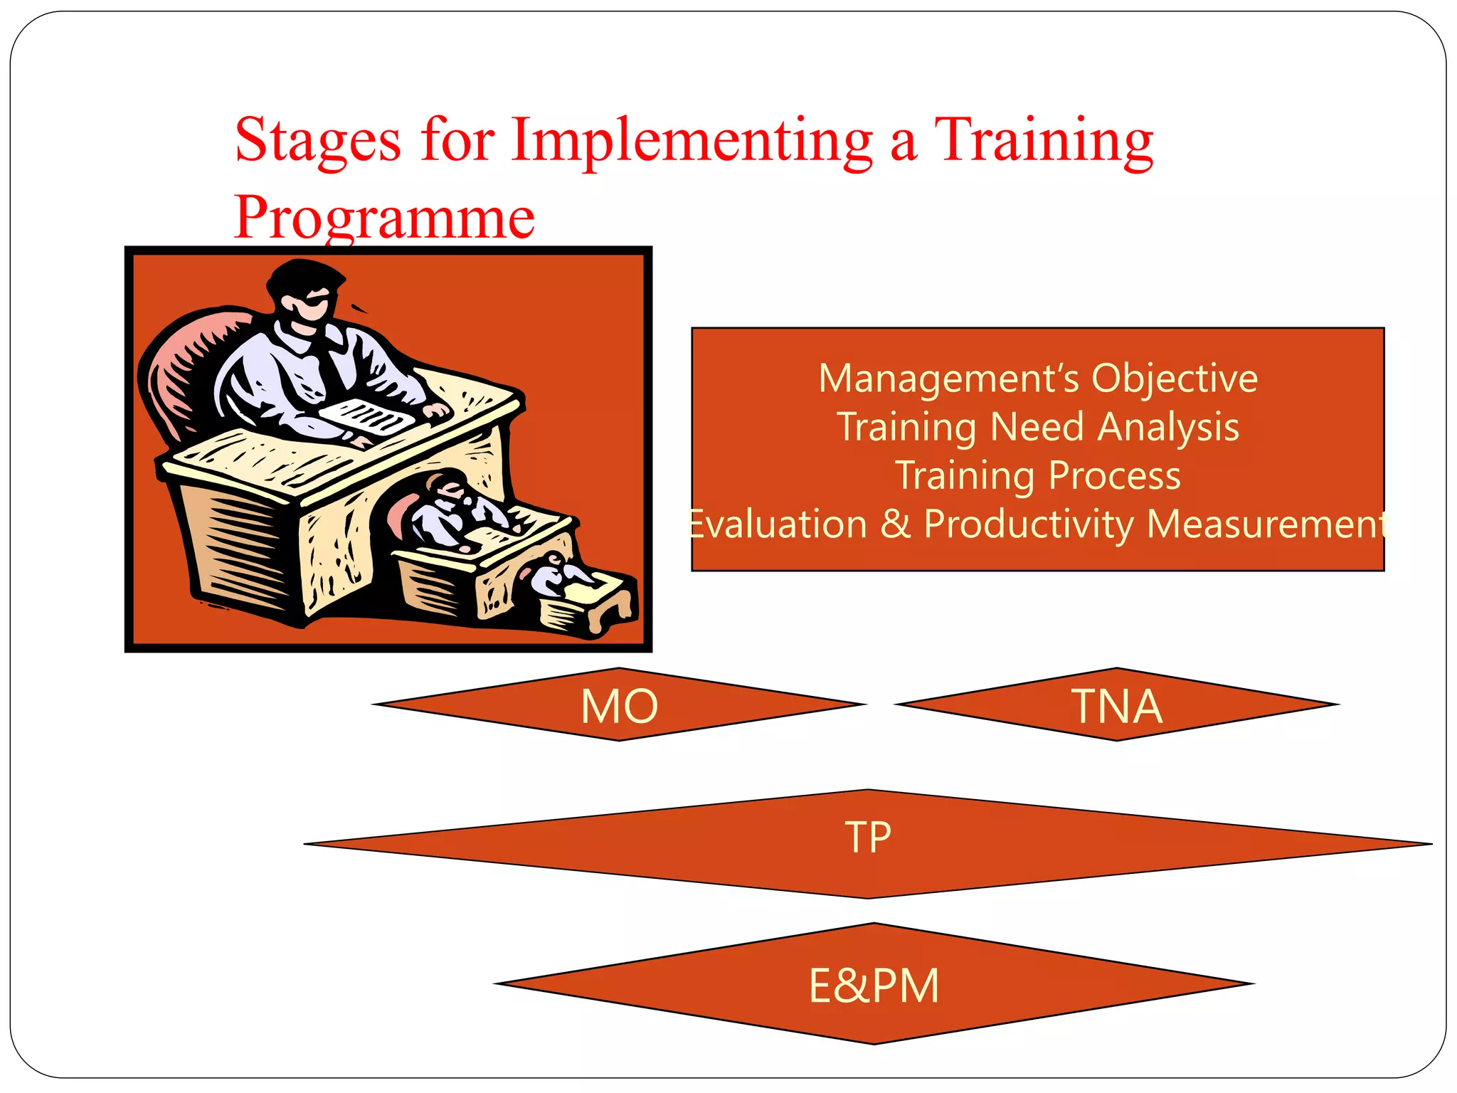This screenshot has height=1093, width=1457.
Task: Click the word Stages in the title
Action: [317, 141]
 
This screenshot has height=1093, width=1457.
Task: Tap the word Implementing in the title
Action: [692, 141]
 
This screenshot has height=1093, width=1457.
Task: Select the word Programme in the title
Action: [384, 218]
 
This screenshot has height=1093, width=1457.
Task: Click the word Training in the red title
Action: [1043, 141]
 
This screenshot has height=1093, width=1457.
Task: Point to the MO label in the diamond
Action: [619, 707]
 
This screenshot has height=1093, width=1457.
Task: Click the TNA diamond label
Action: [1116, 707]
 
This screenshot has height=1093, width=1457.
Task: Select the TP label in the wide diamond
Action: [868, 838]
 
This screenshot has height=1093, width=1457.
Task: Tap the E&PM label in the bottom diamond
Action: [874, 986]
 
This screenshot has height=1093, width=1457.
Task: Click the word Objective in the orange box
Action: [1175, 379]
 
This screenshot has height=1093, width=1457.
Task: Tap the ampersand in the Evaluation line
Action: [896, 524]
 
